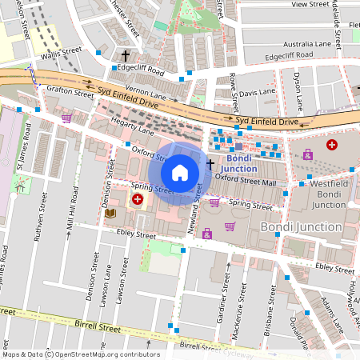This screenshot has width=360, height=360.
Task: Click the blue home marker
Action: [x=180, y=172]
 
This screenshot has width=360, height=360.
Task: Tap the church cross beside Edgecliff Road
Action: [x=125, y=56]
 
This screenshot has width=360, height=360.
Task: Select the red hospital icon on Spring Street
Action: [x=138, y=198]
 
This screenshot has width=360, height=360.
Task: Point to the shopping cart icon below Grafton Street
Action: [x=66, y=118]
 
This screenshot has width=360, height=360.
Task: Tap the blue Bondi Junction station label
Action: [x=239, y=163]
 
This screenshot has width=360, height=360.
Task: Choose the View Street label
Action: [x=310, y=5]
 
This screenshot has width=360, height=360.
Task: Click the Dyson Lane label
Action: [x=298, y=91]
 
